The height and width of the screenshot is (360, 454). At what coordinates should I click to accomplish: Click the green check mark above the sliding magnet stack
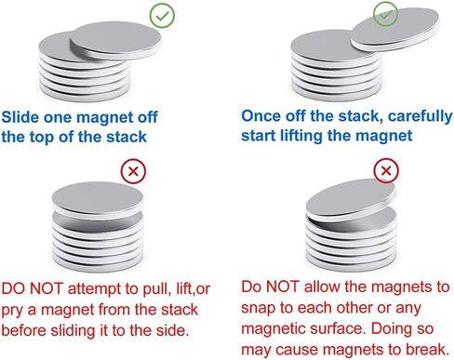[x=162, y=16]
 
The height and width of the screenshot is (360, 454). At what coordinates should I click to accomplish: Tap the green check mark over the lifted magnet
[x=385, y=14]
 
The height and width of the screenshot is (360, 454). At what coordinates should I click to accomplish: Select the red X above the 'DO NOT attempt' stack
[x=133, y=171]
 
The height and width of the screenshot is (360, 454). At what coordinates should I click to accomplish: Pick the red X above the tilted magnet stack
[x=386, y=170]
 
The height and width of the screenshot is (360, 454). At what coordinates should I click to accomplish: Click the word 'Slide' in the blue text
[x=20, y=117]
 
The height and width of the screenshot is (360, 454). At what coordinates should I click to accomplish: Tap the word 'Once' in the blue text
[x=260, y=116]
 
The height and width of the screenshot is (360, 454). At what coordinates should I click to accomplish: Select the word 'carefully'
[x=420, y=117]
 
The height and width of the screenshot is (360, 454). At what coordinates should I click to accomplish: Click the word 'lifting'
[x=300, y=136]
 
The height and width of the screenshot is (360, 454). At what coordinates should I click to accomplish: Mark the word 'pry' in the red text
[x=12, y=311]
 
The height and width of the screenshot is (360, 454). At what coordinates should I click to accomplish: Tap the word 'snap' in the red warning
[x=259, y=309]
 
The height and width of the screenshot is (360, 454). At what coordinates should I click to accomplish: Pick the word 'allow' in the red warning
[x=322, y=287]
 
